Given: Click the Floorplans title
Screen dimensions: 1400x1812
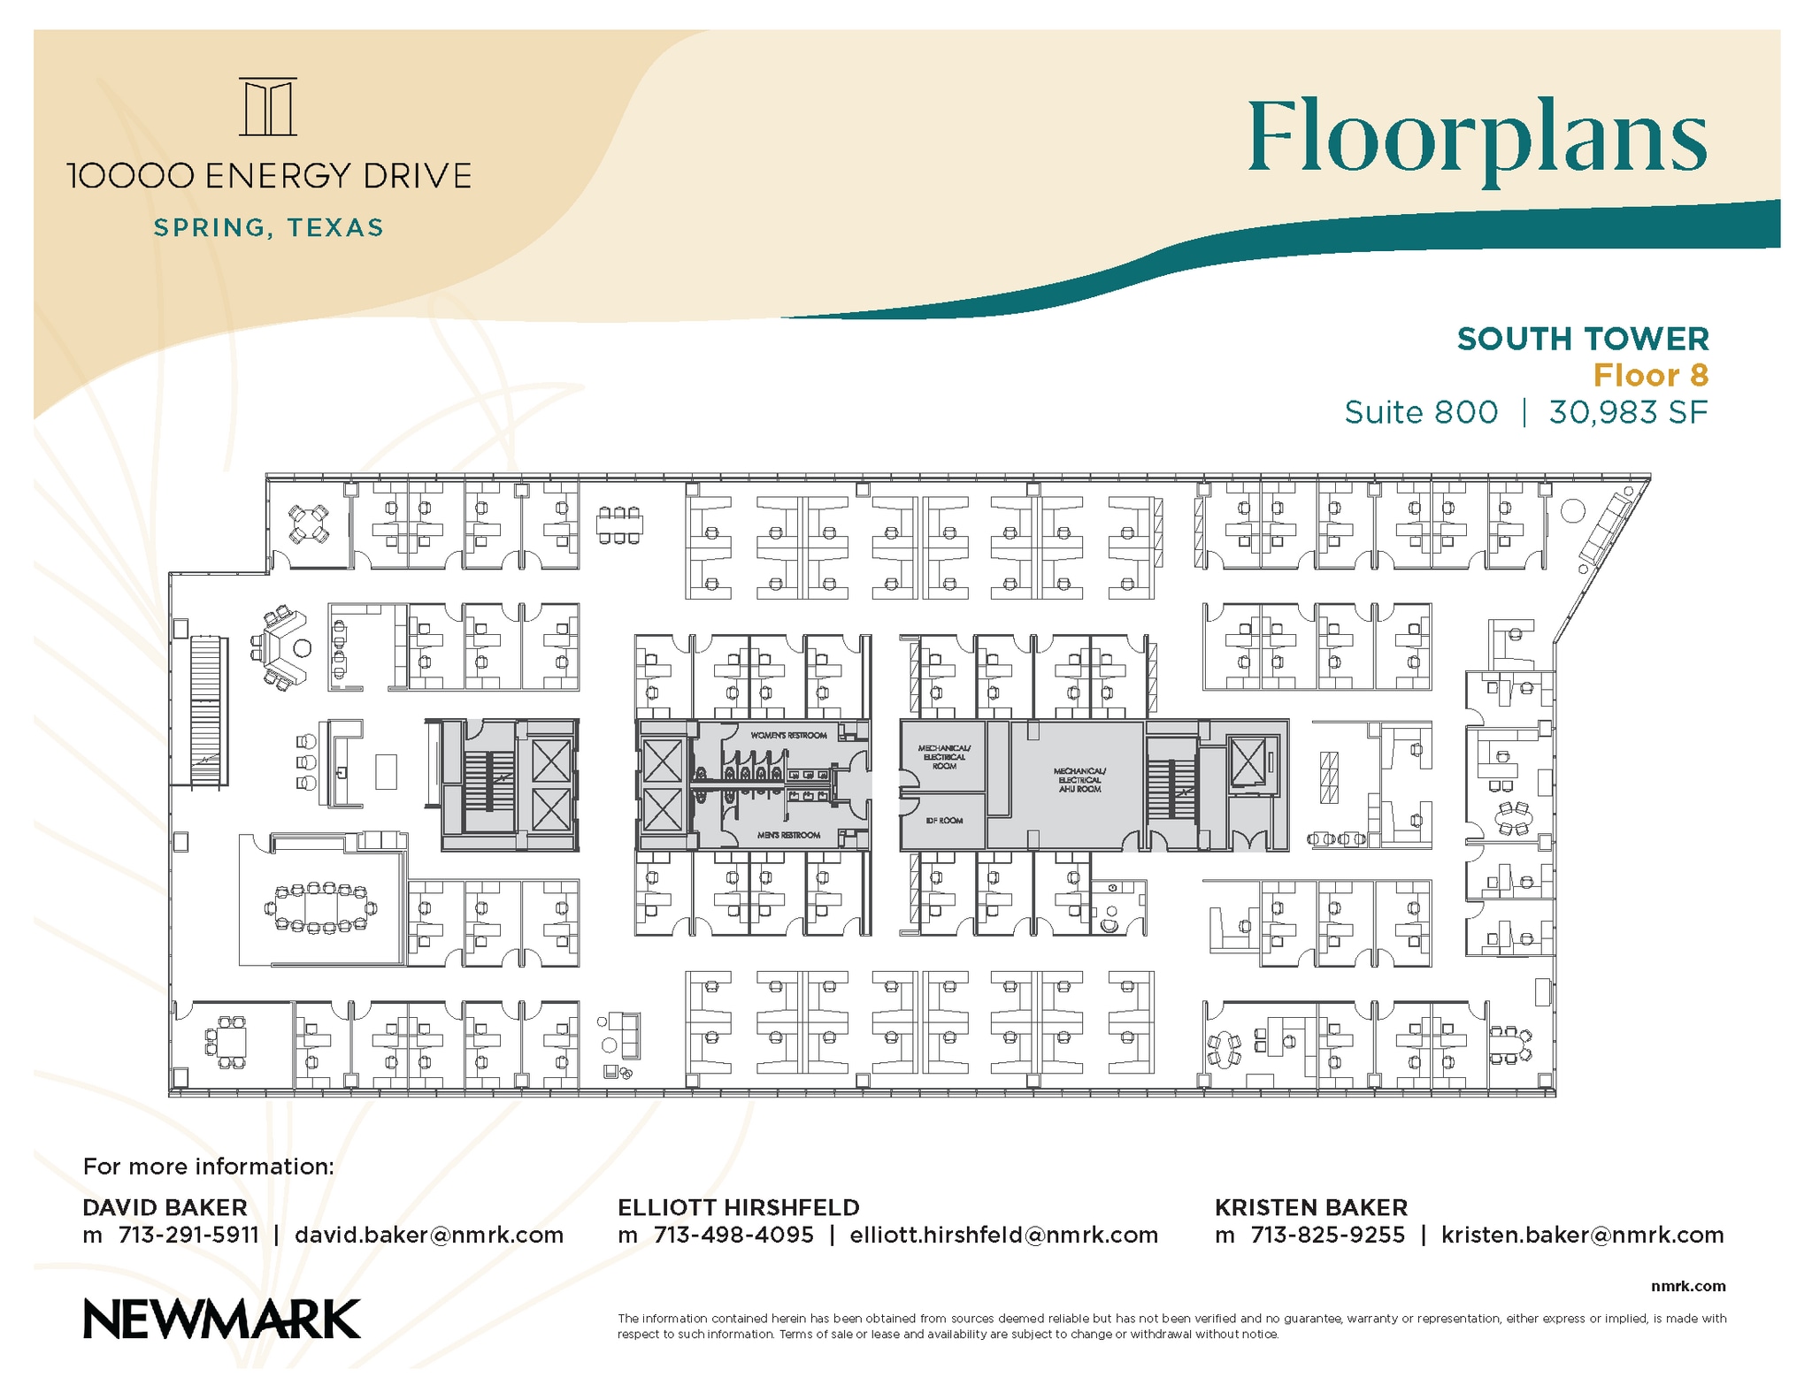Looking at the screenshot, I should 1477,140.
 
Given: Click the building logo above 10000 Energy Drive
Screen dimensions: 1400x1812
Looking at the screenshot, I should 267,107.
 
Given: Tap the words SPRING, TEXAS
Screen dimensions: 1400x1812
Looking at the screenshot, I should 268,228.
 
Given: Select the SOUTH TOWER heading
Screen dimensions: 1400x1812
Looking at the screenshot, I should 1582,339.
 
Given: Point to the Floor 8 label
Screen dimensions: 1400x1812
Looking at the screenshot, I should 1650,376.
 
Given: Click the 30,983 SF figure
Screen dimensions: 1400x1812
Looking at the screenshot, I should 1627,412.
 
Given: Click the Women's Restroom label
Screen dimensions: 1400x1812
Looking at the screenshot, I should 788,735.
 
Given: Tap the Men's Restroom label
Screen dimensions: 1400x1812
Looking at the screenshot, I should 788,835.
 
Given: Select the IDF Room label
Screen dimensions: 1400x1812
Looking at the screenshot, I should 944,821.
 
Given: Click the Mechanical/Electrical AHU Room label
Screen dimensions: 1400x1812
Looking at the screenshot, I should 1079,780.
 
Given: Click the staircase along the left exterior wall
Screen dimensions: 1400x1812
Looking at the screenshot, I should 205,710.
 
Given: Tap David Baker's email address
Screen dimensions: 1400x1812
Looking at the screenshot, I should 428,1235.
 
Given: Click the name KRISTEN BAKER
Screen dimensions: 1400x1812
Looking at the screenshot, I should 1310,1207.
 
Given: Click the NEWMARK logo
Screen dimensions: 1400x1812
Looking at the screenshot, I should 221,1319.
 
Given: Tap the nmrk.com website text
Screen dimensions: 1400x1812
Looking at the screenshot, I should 1687,1286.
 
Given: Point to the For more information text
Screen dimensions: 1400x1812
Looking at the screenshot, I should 209,1167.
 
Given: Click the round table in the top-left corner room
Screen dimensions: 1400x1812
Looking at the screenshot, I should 309,524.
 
